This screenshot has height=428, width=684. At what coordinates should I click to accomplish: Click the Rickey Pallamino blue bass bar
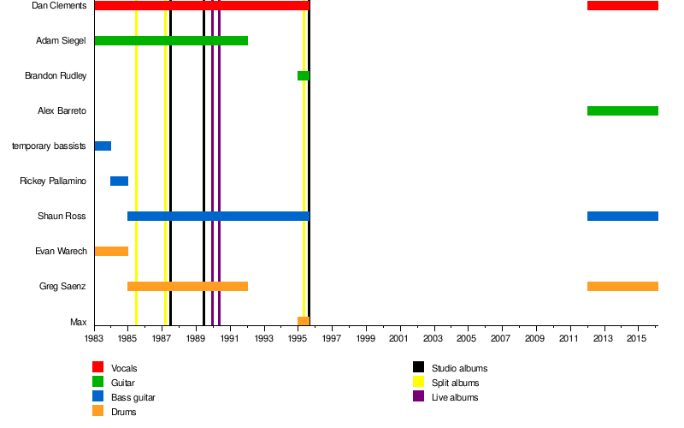[119, 181]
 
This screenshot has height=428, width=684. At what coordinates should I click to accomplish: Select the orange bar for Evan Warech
[111, 251]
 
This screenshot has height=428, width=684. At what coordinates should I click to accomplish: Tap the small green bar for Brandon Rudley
[303, 75]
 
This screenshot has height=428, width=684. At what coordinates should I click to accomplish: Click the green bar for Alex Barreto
[622, 110]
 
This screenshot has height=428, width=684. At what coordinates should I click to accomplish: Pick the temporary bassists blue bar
[103, 146]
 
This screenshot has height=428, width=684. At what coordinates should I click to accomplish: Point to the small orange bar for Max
[303, 321]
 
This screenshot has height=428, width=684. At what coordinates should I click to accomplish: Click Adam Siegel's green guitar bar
[171, 40]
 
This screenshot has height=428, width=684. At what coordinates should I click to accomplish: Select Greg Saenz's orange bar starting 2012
[622, 286]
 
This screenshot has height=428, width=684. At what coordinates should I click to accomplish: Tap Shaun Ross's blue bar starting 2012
[622, 216]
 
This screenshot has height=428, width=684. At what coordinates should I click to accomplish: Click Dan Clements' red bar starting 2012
[622, 6]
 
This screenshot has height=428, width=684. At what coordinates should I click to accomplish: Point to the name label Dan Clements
[59, 6]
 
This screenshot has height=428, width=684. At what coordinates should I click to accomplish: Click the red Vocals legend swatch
[97, 368]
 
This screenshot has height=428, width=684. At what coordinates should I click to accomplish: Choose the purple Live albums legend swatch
[419, 397]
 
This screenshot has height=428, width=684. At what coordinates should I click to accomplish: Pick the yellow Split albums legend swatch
[419, 383]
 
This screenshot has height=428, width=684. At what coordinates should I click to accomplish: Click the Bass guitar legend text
[133, 397]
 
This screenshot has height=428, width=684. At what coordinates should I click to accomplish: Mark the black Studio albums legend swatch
[419, 368]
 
